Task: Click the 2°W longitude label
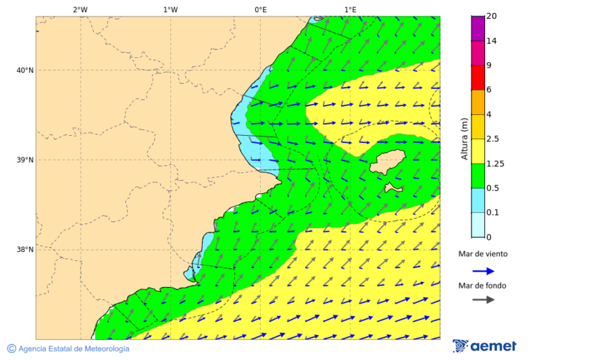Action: [x=80, y=9]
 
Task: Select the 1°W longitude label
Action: [x=170, y=9]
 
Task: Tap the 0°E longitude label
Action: [x=260, y=9]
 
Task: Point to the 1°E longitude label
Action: [x=350, y=9]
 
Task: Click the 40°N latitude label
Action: [x=25, y=70]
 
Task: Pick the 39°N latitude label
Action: [x=25, y=160]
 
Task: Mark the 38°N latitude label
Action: [x=25, y=250]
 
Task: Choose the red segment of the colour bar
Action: [x=478, y=78]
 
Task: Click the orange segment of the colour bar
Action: [x=478, y=102]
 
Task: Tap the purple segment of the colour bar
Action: [x=478, y=28]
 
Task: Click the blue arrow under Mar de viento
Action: [x=483, y=271]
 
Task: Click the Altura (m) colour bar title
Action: [x=464, y=138]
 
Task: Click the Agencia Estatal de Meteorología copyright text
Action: [x=68, y=349]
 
